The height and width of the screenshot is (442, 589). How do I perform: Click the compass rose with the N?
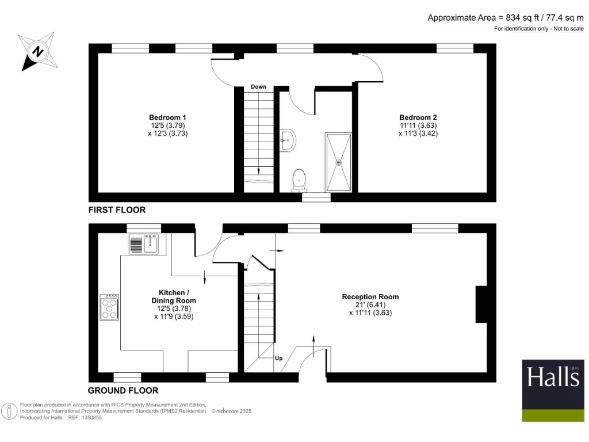(x=37, y=51)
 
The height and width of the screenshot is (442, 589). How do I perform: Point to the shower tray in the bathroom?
(x=339, y=162)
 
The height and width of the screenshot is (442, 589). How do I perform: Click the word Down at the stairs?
(x=258, y=87)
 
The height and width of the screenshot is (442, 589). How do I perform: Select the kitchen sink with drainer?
(x=144, y=245)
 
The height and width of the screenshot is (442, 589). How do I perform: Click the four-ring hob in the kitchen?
(x=109, y=307)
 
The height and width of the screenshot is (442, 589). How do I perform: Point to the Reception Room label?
(x=370, y=297)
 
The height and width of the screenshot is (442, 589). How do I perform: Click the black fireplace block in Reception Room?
(x=481, y=304)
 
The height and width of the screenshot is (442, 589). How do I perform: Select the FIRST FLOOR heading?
(x=117, y=210)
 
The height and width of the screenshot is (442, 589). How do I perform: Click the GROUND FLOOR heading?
(x=123, y=390)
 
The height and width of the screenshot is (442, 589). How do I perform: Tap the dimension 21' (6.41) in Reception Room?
(x=370, y=305)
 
